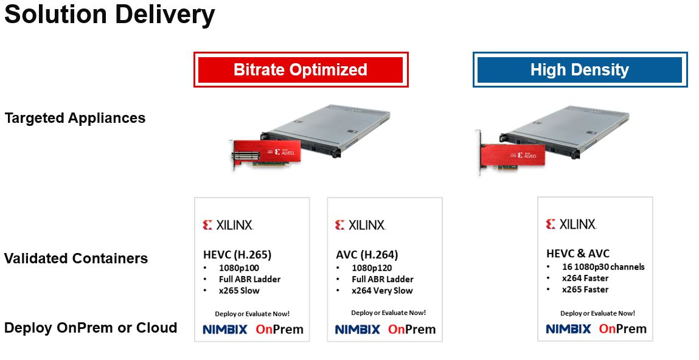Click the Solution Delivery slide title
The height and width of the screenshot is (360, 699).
pyautogui.click(x=110, y=15)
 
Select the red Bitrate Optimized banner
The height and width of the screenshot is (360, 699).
pyautogui.click(x=301, y=69)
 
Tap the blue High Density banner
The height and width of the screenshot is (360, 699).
pyautogui.click(x=580, y=69)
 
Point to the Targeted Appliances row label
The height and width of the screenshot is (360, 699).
pyautogui.click(x=75, y=118)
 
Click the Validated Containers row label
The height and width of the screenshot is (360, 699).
pyautogui.click(x=76, y=258)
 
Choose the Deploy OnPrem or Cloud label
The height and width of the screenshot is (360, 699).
pyautogui.click(x=91, y=328)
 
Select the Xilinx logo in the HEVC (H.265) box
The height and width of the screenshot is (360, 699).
pyautogui.click(x=228, y=225)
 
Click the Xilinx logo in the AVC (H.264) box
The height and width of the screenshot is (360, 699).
pyautogui.click(x=360, y=225)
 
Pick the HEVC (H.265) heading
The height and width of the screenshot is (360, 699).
pyautogui.click(x=237, y=254)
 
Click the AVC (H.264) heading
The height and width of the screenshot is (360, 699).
pyautogui.click(x=367, y=254)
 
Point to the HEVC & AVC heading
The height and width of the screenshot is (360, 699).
pyautogui.click(x=577, y=254)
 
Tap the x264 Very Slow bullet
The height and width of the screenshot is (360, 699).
pyautogui.click(x=382, y=291)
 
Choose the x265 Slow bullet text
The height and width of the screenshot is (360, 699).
pyautogui.click(x=239, y=291)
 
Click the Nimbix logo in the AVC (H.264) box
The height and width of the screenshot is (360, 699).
pyautogui.click(x=357, y=330)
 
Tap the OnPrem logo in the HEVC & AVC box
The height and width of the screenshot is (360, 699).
pyautogui.click(x=622, y=329)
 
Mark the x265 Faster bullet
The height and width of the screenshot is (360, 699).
pyautogui.click(x=585, y=289)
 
